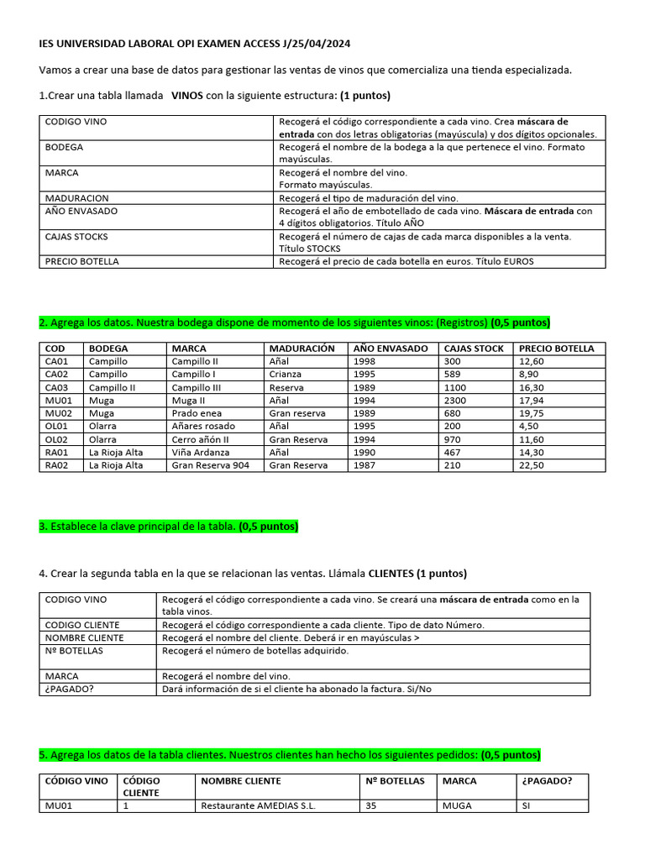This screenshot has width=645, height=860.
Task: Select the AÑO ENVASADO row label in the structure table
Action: [81, 211]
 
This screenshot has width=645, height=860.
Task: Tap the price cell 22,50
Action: [532, 464]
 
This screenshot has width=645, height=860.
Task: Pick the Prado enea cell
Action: [197, 413]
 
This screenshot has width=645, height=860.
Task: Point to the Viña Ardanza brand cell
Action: [201, 452]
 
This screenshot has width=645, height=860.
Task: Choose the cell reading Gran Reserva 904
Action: [210, 464]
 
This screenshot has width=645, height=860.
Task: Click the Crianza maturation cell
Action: [287, 374]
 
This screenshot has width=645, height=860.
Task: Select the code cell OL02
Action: [56, 439]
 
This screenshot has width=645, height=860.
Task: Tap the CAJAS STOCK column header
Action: [474, 348]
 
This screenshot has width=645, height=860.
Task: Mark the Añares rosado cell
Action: [204, 426]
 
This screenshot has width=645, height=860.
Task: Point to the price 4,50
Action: [529, 426]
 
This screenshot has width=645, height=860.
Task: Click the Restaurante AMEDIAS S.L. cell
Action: [255, 805]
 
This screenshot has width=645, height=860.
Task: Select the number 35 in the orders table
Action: [371, 805]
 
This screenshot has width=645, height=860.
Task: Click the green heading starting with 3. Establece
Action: [168, 527]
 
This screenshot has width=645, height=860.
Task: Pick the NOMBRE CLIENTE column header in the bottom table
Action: [240, 781]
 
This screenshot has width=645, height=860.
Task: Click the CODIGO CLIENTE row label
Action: [82, 625]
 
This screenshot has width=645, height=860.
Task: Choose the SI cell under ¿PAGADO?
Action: [527, 805]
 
